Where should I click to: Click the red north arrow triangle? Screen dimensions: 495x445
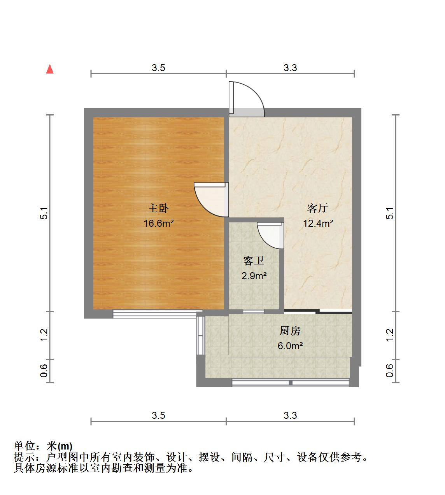(49, 69)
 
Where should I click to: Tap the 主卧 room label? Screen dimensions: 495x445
(158, 208)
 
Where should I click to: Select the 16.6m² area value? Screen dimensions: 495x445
(158, 224)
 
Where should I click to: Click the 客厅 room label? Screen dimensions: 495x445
(317, 208)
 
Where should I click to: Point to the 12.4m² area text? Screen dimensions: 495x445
(318, 224)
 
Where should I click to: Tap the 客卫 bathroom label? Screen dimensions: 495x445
(254, 261)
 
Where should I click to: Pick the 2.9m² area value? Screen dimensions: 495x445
(254, 276)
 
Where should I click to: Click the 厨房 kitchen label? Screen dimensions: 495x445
(290, 331)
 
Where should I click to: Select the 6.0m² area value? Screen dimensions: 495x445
(290, 346)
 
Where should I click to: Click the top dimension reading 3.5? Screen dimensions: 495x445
(158, 68)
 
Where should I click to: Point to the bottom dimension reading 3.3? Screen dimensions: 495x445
(290, 415)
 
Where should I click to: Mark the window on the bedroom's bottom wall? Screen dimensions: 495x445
(157, 314)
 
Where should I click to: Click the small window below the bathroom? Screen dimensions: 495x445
(254, 311)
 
